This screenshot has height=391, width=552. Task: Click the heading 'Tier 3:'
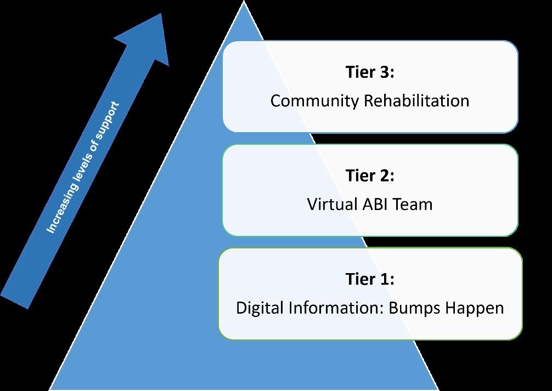pyautogui.click(x=370, y=72)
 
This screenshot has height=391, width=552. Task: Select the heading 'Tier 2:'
pyautogui.click(x=370, y=175)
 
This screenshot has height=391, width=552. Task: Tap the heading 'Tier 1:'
pyautogui.click(x=370, y=279)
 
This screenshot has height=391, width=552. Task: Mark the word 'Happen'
pyautogui.click(x=474, y=308)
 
